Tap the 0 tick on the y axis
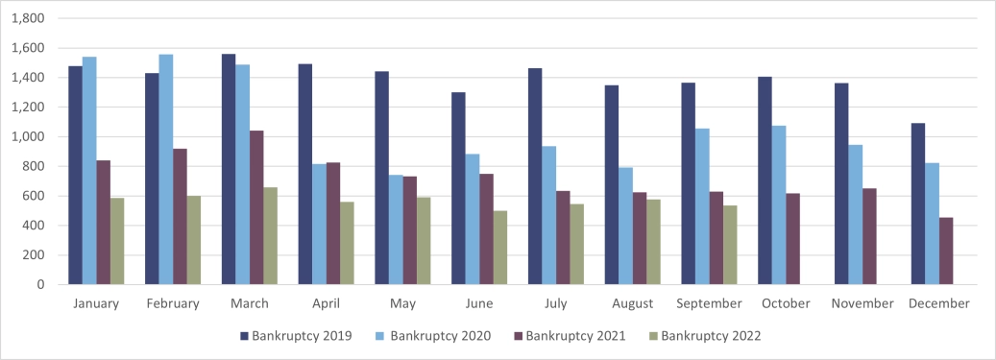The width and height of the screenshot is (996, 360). [x=40, y=285]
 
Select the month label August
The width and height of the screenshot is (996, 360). [x=632, y=303]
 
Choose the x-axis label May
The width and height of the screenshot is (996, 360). [x=402, y=303]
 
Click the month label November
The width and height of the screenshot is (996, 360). [x=862, y=303]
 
